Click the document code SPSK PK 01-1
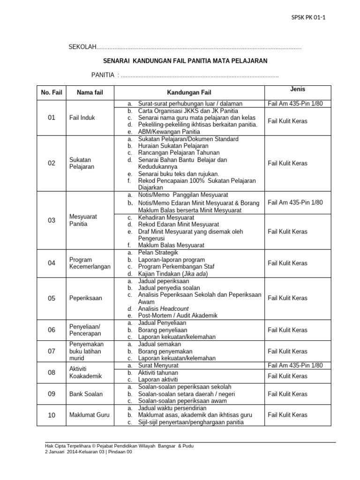click(308, 18)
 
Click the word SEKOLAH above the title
click(82, 47)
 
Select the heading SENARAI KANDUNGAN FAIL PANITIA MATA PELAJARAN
click(185, 61)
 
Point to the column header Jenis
click(298, 89)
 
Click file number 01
click(52, 118)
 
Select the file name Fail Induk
click(82, 118)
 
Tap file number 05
click(52, 298)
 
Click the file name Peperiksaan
click(86, 298)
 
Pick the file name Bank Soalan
click(86, 394)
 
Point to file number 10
click(52, 415)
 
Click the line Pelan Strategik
click(158, 253)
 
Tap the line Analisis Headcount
click(163, 309)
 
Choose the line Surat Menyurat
click(160, 366)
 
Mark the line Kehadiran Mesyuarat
click(166, 218)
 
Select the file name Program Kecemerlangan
click(90, 263)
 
